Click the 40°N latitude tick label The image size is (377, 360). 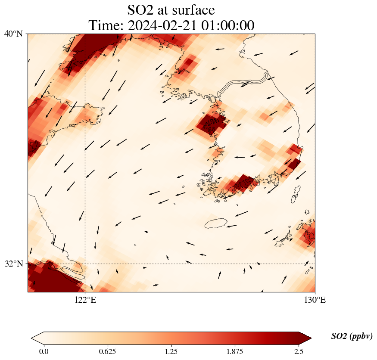coord(13,34)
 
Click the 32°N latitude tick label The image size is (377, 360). coord(13,264)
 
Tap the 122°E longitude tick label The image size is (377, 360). coord(85,300)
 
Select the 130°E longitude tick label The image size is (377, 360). coord(315,300)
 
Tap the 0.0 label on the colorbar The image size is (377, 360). coord(44,351)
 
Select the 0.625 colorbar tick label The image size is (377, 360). coord(107,351)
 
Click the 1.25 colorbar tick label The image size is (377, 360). coord(171,351)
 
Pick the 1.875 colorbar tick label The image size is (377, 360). coord(235,351)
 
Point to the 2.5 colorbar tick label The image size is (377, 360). coord(299,351)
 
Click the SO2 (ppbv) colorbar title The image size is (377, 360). coord(352,336)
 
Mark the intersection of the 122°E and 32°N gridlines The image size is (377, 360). coord(85,264)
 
